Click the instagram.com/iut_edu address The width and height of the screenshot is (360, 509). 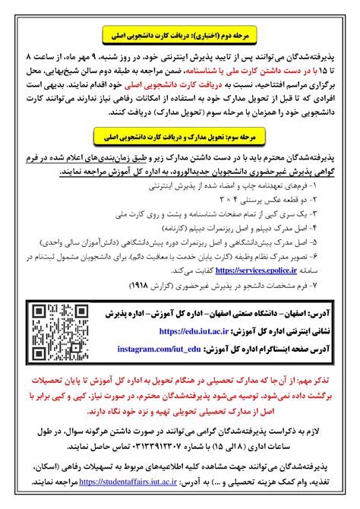[158, 348]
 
